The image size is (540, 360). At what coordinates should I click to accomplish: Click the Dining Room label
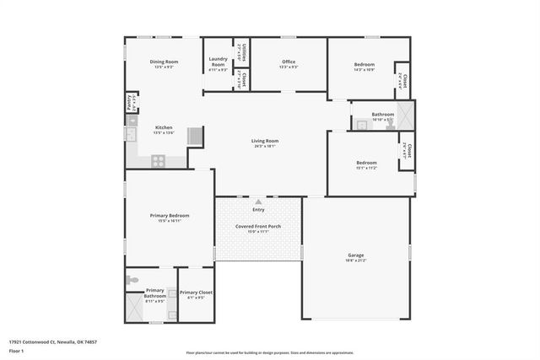pos(164,62)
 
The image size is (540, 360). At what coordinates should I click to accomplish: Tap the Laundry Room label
pos(218,62)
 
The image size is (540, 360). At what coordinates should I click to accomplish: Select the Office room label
pos(289,62)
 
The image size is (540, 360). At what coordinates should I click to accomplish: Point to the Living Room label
pos(264,141)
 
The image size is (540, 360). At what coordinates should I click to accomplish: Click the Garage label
pos(356,255)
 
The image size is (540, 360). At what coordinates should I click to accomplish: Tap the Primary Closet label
pos(195,293)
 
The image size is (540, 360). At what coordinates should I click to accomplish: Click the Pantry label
pos(129,103)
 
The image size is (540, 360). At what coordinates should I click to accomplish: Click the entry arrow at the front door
pos(258,202)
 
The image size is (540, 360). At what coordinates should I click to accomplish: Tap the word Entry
pos(258,210)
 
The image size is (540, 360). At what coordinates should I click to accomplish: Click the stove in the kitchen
pos(158,159)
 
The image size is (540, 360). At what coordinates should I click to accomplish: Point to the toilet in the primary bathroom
pos(131,279)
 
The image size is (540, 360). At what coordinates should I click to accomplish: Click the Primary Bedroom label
pos(170,216)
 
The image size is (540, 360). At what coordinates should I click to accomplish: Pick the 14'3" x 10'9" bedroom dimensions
pos(364,69)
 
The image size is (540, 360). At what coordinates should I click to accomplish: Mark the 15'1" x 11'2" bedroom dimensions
pos(366,168)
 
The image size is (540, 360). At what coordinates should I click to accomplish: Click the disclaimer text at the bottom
pos(269,352)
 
